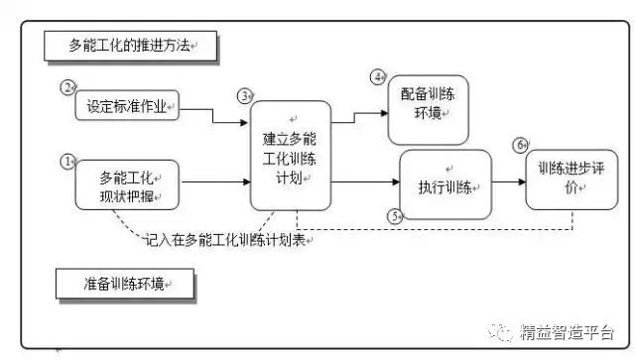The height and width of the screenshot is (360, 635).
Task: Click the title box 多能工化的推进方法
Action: [130, 47]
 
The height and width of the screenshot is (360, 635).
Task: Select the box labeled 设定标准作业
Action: [127, 105]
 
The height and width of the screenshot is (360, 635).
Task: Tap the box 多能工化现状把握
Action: [127, 185]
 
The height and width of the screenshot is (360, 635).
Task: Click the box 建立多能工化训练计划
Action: [291, 156]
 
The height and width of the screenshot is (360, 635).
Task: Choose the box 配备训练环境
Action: [428, 110]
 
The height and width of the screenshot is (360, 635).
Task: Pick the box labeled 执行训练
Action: [445, 184]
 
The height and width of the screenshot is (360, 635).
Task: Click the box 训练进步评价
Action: [571, 180]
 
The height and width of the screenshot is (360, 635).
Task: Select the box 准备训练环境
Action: [125, 284]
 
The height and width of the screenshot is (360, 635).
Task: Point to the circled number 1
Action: [67, 162]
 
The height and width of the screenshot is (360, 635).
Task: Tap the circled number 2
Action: [67, 87]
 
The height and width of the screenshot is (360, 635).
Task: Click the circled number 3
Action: [245, 96]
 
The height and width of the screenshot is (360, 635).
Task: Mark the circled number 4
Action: [378, 77]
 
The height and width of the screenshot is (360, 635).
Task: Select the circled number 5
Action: [395, 216]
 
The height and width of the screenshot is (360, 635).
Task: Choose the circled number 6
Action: [520, 145]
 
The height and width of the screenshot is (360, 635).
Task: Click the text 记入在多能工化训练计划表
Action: [225, 240]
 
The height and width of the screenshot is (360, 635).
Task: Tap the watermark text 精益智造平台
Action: [567, 332]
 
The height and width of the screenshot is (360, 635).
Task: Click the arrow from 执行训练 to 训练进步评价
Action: [509, 181]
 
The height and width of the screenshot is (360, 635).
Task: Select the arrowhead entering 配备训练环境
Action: [385, 113]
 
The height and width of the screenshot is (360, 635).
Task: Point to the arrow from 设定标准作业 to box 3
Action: [213, 115]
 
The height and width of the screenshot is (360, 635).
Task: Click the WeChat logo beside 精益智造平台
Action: [501, 332]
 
